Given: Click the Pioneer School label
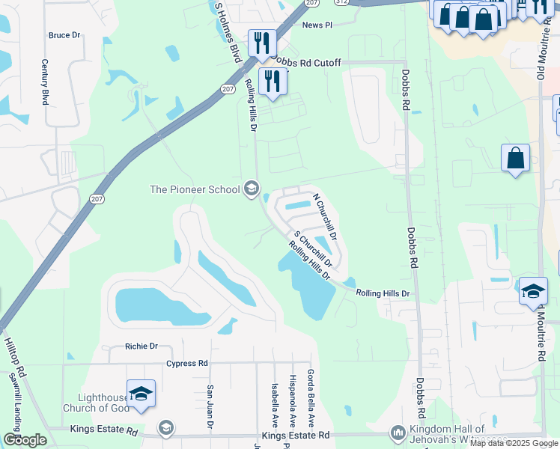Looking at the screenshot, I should pos(195,189).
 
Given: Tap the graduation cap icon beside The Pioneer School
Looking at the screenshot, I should pos(252,189).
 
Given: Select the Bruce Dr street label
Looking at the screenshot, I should pos(64,35).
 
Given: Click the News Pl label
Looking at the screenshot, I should pos(317,25).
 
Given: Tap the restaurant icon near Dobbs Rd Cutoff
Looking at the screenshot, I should pos(261,43).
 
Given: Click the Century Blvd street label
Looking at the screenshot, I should pos(45,82).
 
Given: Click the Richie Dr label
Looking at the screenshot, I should pos(141,346).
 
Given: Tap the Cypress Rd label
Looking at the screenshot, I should pos(186,364).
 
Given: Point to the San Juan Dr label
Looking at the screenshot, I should pos(210,407).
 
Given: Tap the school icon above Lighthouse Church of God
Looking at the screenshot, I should pos(141,394).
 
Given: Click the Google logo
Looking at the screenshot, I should pos(25,440).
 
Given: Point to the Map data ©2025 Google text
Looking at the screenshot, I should pos(513,443).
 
